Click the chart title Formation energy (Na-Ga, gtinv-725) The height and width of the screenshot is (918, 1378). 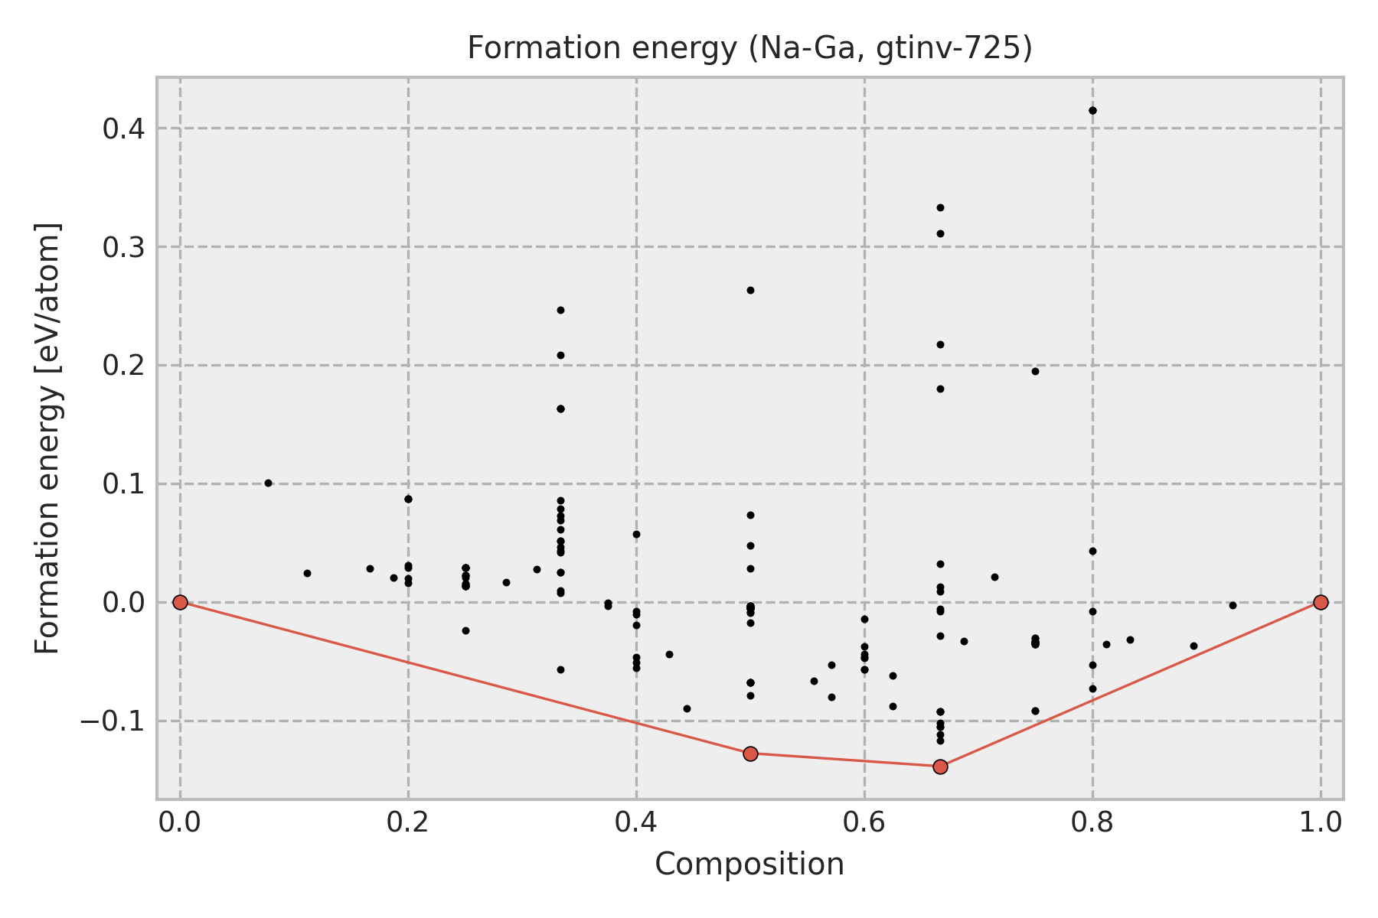[x=749, y=48]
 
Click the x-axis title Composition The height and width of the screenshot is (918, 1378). [x=749, y=864]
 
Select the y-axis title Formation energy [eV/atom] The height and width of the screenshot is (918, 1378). [x=47, y=438]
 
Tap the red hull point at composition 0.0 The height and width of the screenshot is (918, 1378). [x=180, y=602]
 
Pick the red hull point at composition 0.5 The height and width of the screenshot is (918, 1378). [x=750, y=754]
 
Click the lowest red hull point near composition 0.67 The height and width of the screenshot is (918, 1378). [x=940, y=767]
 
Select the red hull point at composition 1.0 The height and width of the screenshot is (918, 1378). [x=1321, y=602]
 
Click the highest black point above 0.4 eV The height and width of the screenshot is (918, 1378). [x=1092, y=110]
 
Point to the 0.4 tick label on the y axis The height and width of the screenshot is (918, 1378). [x=124, y=129]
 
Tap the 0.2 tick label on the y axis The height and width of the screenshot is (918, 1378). [x=124, y=366]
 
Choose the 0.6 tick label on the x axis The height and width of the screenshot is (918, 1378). [x=864, y=822]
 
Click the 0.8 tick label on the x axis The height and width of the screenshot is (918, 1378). [x=1092, y=822]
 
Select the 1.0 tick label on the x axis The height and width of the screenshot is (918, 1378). [x=1321, y=822]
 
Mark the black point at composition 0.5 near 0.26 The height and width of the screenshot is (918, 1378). [x=750, y=290]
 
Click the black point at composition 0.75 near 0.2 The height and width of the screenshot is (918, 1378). [x=1035, y=371]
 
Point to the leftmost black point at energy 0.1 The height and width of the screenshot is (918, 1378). [x=268, y=483]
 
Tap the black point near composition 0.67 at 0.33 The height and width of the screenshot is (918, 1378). [x=940, y=207]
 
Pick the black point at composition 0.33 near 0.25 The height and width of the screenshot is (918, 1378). [x=560, y=310]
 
